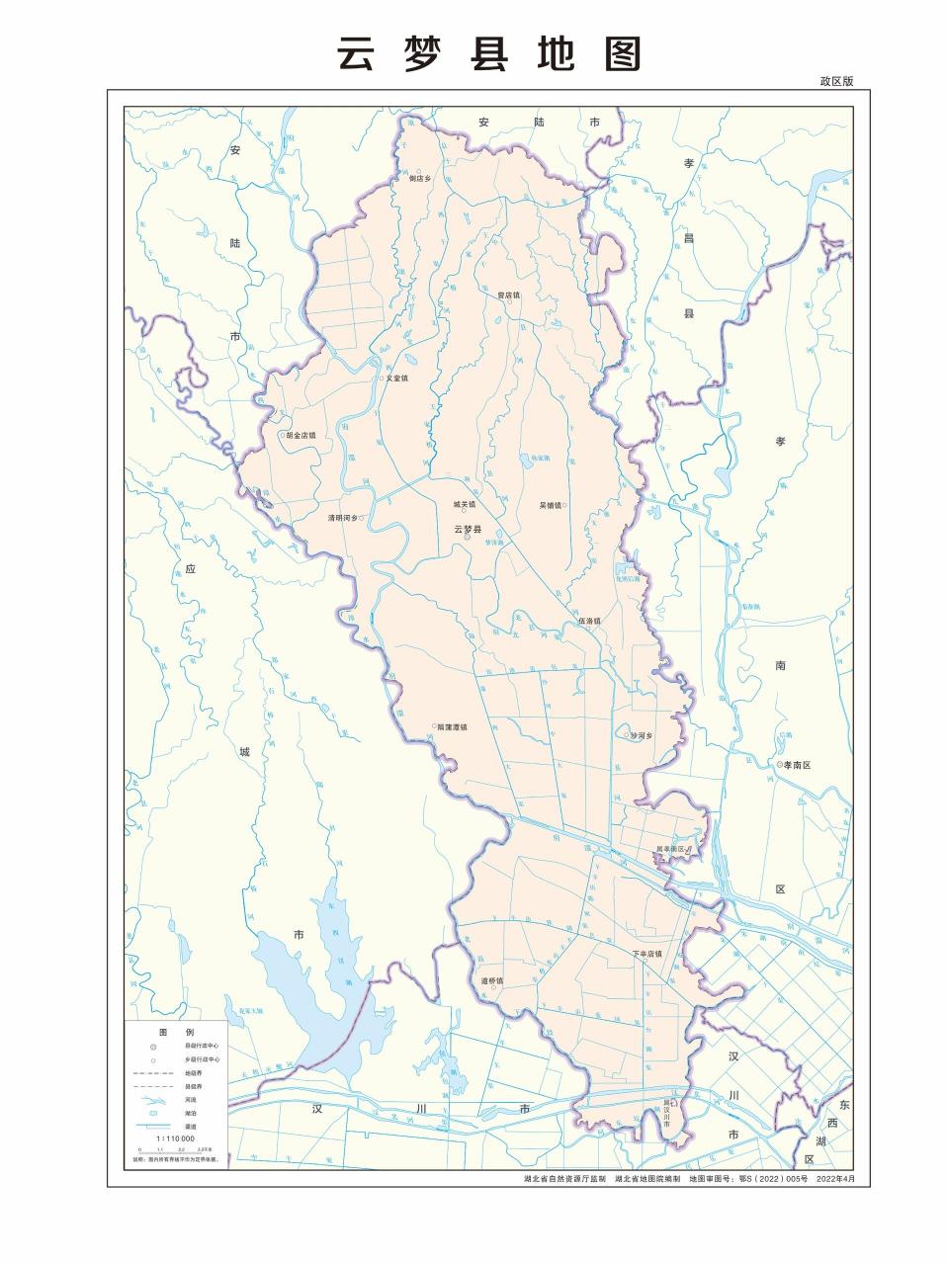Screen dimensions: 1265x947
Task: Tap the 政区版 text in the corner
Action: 835,82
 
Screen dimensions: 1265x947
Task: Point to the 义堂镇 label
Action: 395,379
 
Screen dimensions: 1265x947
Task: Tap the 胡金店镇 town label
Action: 300,435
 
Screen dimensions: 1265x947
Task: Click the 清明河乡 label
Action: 344,518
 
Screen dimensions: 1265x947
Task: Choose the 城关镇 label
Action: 464,504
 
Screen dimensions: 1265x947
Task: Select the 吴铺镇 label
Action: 550,505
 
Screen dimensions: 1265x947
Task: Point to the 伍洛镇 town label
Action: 589,621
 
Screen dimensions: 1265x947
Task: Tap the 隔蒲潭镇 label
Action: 451,726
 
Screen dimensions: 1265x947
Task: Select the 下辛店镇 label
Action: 647,954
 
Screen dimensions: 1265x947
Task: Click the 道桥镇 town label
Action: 491,980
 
